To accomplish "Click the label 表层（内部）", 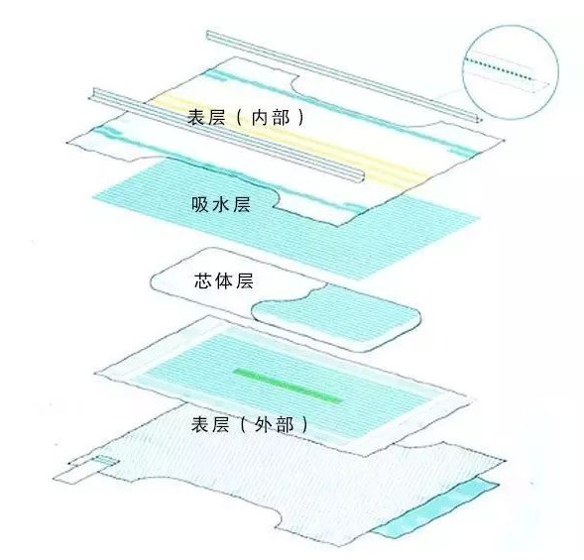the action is pos(246,118).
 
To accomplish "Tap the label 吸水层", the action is pos(221,204).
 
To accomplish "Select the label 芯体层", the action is pos(224,280).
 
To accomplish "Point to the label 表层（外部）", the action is pos(250,424).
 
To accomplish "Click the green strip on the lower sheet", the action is pos(288,386).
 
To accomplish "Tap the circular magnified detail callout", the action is pos(511,72).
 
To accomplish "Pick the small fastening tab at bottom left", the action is pos(85,469).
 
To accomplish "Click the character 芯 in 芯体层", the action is pos(203,280).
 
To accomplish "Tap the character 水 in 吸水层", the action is pos(221,204).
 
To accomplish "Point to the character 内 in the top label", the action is pos(261,118).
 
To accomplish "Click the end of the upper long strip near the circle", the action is pos(480,119).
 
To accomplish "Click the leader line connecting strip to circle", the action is pos(449,96).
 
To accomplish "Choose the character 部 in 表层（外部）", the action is pos(285,424).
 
